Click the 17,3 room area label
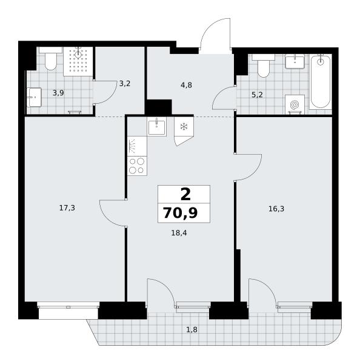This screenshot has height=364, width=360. pyautogui.click(x=67, y=208)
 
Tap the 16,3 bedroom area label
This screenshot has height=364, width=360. pyautogui.click(x=276, y=209)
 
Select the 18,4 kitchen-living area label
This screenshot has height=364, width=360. pyautogui.click(x=179, y=232)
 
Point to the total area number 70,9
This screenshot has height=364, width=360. pyautogui.click(x=180, y=213)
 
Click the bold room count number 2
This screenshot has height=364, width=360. pyautogui.click(x=185, y=194)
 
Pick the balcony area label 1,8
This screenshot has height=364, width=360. pyautogui.click(x=192, y=329)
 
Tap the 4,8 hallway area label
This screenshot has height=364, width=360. pyautogui.click(x=186, y=85)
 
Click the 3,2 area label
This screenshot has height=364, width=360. pyautogui.click(x=125, y=84)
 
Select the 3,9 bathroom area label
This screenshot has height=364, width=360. pyautogui.click(x=58, y=93)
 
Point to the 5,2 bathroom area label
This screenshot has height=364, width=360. pyautogui.click(x=257, y=95)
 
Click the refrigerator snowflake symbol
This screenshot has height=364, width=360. pyautogui.click(x=184, y=127)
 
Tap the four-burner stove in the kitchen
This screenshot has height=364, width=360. pyautogui.click(x=137, y=166)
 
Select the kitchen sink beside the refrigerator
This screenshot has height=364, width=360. pyautogui.click(x=156, y=127)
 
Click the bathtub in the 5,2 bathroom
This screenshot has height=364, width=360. pyautogui.click(x=321, y=81)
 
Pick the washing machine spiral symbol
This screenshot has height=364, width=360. pyautogui.click(x=295, y=105)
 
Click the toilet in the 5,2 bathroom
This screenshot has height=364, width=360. pyautogui.click(x=264, y=66)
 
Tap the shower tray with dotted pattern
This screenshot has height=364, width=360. pyautogui.click(x=78, y=61)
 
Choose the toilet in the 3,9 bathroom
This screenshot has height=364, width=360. pyautogui.click(x=50, y=58)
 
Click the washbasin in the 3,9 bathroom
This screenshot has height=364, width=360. pyautogui.click(x=34, y=97)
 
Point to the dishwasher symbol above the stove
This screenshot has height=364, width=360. pyautogui.click(x=137, y=146)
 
